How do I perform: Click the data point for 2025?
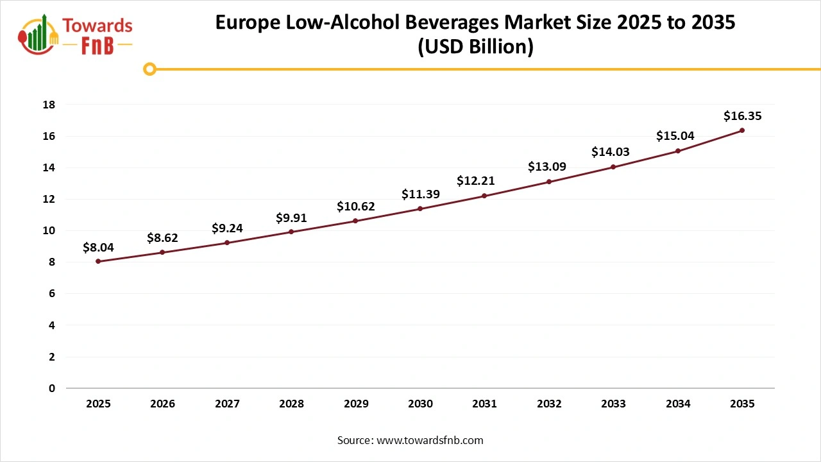(x=98, y=261)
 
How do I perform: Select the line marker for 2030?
(x=420, y=209)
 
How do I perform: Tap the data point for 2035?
(x=742, y=130)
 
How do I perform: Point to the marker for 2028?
(x=291, y=232)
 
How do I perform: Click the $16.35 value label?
(x=742, y=116)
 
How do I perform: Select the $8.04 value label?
(x=98, y=247)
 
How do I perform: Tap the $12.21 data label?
(x=476, y=181)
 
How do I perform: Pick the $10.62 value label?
(x=355, y=207)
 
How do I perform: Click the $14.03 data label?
(x=610, y=152)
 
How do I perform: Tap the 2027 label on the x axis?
(x=227, y=404)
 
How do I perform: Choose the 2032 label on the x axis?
(x=549, y=404)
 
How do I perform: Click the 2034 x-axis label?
(x=678, y=404)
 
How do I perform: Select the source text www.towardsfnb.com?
(x=429, y=440)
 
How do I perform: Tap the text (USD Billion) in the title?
(x=475, y=47)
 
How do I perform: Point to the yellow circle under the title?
(x=149, y=69)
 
